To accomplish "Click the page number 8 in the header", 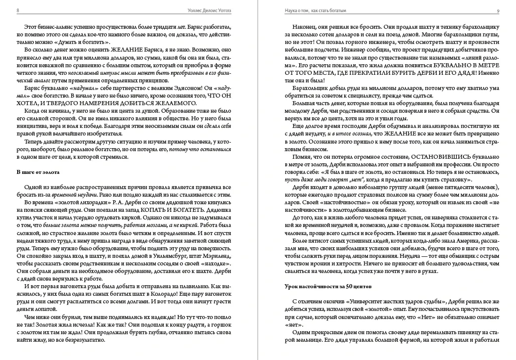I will click(x=18, y=11).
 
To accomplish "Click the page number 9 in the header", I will click(x=498, y=11).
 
